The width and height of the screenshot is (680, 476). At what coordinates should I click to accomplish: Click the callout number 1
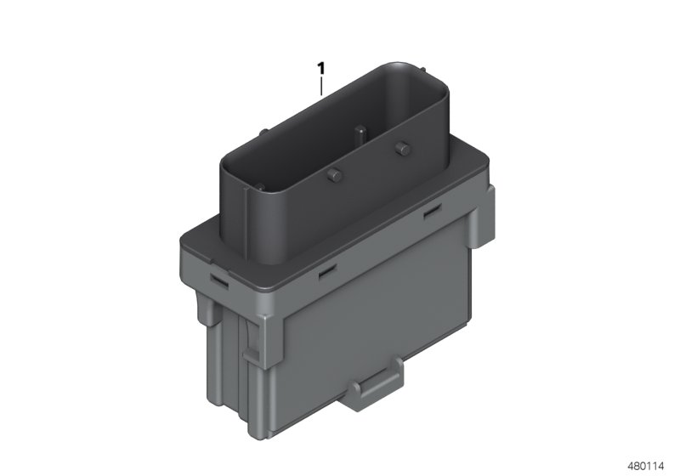pyautogui.click(x=321, y=66)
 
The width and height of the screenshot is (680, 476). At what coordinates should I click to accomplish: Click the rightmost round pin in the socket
pyautogui.click(x=399, y=150)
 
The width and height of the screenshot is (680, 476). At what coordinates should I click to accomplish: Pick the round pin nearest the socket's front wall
pyautogui.click(x=333, y=176)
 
